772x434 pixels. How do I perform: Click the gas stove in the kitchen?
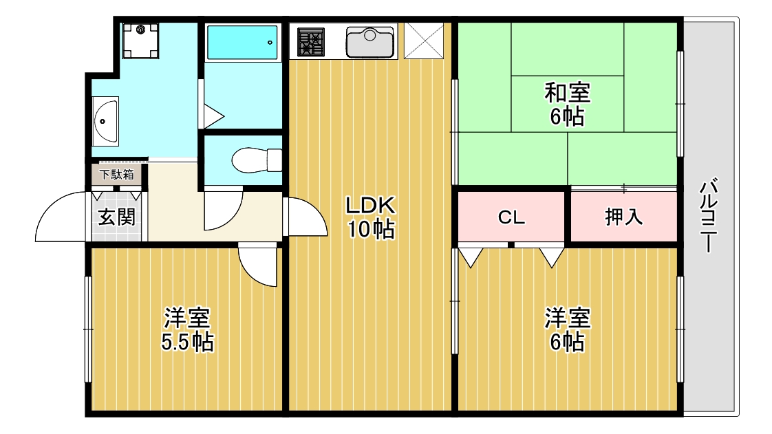point(311,42)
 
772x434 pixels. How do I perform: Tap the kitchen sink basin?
point(369,42)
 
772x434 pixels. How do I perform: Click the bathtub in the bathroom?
point(242,43)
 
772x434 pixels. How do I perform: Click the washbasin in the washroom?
point(105,120)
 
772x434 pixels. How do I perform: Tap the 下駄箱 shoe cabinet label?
point(116,175)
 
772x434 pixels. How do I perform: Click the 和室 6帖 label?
point(568,103)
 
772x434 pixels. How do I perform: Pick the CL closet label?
point(511,217)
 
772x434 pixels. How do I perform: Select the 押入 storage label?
point(623,217)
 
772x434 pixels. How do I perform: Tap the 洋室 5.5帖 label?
point(186,330)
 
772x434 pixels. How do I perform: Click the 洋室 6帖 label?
point(568,330)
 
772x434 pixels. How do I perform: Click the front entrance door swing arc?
point(62,219)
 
